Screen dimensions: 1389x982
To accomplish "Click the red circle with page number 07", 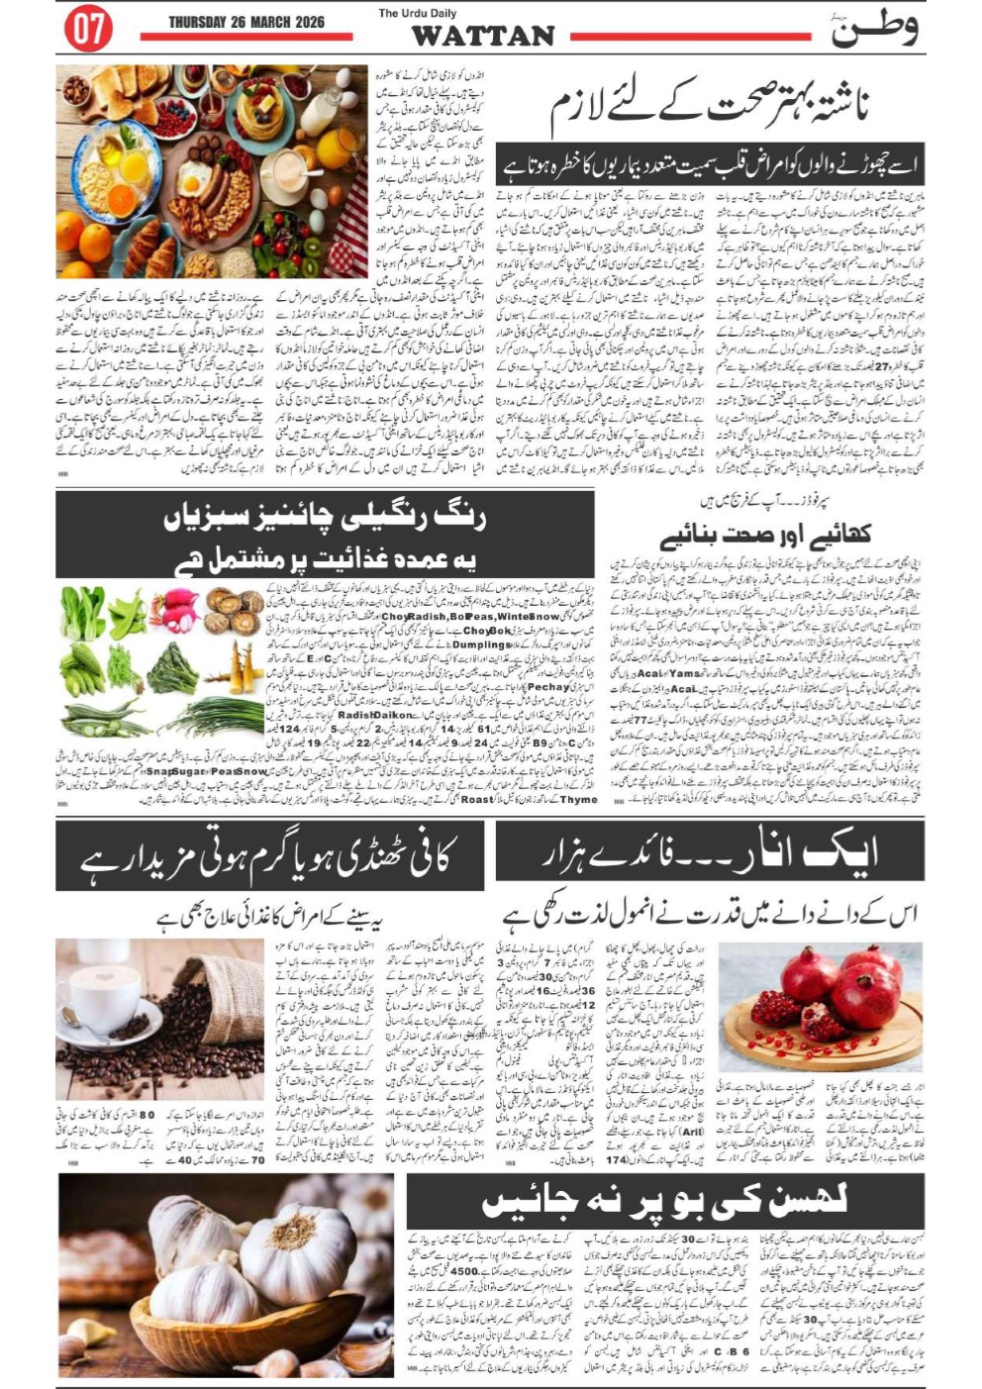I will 87,30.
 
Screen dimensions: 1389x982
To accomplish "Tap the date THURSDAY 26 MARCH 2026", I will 246,22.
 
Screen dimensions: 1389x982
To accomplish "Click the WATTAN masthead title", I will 482,37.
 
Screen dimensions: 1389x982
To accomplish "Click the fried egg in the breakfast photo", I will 194,182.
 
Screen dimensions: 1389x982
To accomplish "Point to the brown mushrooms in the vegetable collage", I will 235,610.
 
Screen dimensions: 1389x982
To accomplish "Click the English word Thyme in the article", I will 577,799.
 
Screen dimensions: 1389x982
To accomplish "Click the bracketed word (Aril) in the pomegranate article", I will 692,1132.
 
